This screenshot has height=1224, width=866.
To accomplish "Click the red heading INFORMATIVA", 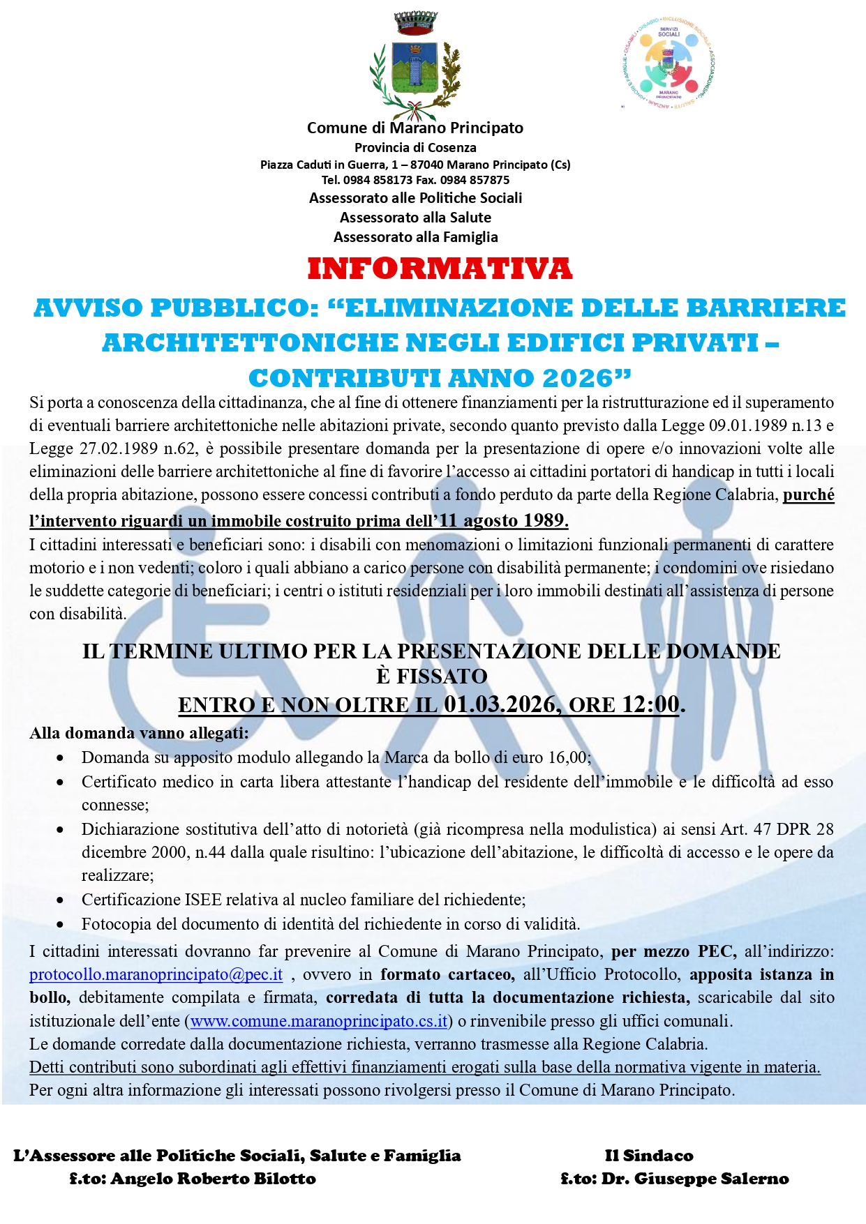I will pyautogui.click(x=440, y=269).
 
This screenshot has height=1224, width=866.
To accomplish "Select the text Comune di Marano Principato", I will pyautogui.click(x=415, y=128).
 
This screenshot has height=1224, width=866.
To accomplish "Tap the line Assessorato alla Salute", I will pyautogui.click(x=415, y=218).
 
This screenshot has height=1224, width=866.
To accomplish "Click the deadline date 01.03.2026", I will pyautogui.click(x=499, y=704).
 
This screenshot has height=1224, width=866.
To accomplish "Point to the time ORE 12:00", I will pyautogui.click(x=624, y=704).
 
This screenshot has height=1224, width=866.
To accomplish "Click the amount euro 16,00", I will pyautogui.click(x=555, y=757).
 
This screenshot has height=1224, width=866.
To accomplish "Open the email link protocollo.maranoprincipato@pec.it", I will pyautogui.click(x=156, y=974).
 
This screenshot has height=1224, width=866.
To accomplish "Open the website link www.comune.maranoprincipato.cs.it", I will pyautogui.click(x=319, y=1021).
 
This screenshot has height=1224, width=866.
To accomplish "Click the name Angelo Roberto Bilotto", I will pyautogui.click(x=213, y=1179).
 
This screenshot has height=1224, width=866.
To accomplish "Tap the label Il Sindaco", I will pyautogui.click(x=649, y=1156).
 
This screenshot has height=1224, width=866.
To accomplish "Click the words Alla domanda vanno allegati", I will pyautogui.click(x=139, y=733).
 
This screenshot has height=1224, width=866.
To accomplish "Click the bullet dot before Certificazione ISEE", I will pyautogui.click(x=61, y=900).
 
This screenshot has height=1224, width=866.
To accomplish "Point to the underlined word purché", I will pyautogui.click(x=808, y=495).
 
